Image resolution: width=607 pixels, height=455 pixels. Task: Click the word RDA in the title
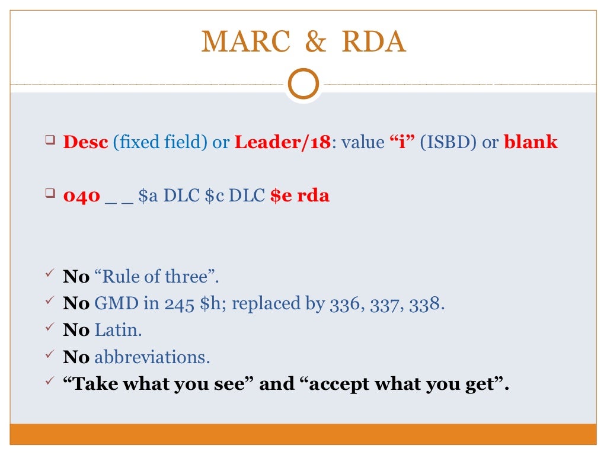coord(374,42)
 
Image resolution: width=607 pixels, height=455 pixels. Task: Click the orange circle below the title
coord(303,85)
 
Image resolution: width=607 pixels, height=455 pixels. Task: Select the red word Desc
coord(85,142)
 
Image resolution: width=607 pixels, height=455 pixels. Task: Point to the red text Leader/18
coord(281,142)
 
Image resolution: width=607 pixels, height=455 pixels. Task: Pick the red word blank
coord(531,142)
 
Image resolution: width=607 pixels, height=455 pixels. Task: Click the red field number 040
coord(81,196)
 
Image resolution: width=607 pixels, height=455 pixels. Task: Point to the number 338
coord(427,304)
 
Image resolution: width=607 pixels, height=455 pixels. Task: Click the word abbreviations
coord(152,357)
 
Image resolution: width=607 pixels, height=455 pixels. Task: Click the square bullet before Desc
coord(49,141)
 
